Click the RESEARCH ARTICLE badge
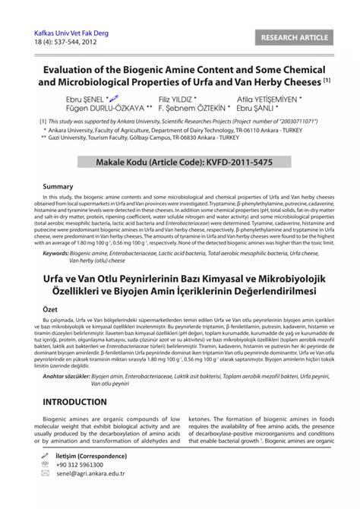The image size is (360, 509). (x=299, y=37)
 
